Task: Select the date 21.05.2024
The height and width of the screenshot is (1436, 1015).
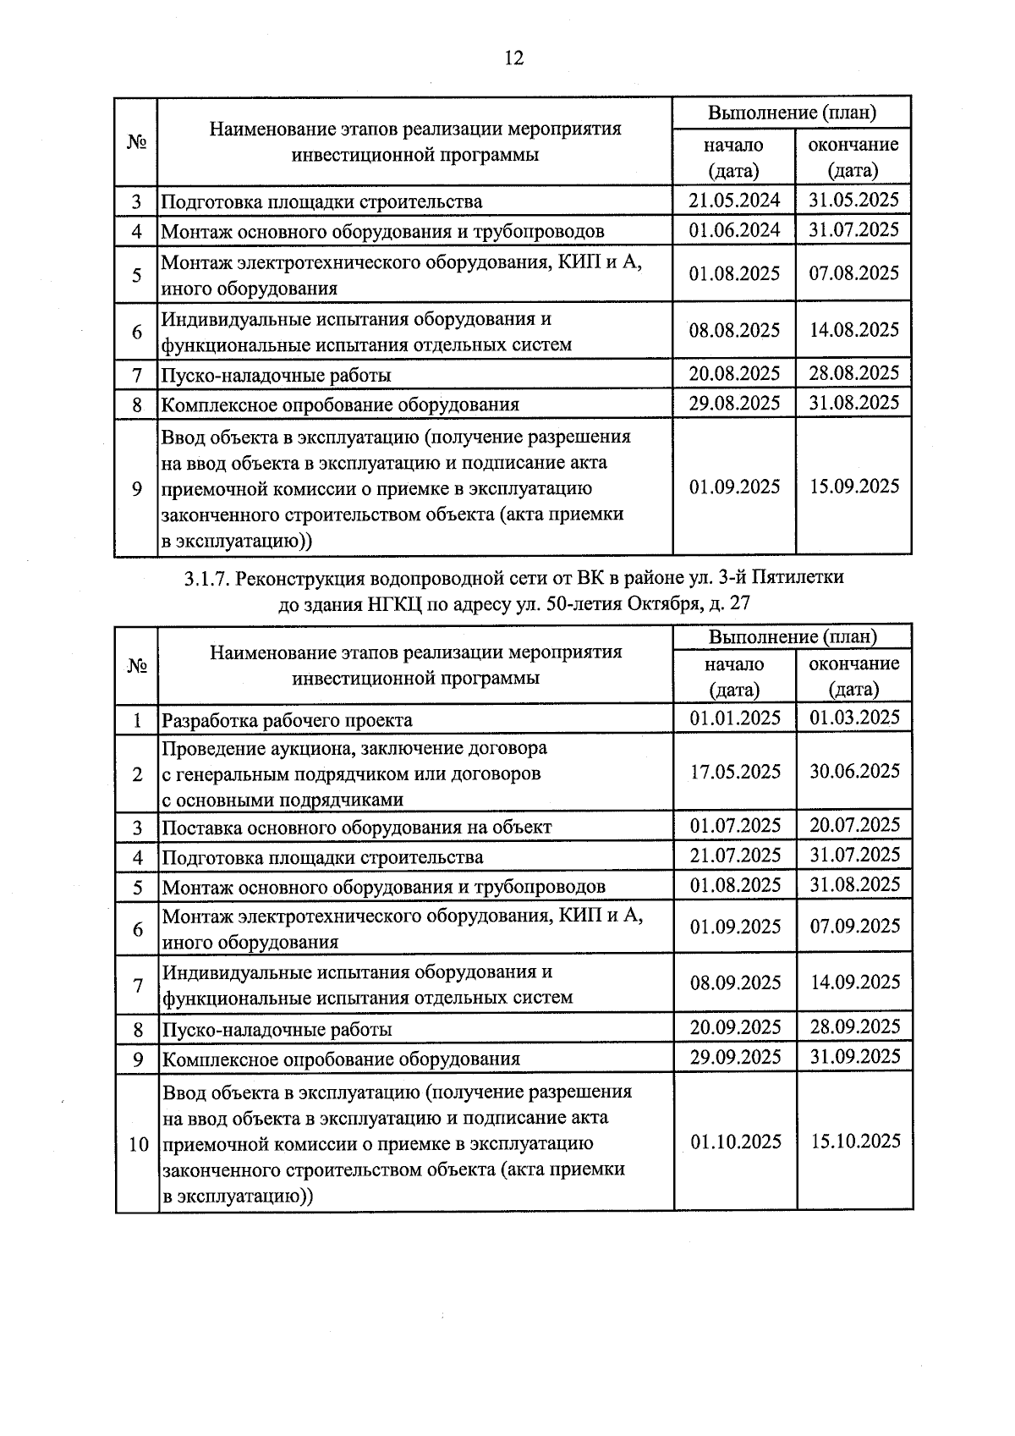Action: point(734,201)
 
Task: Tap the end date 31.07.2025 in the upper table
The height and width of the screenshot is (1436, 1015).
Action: point(853,230)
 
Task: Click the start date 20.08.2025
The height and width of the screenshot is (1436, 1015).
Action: point(734,373)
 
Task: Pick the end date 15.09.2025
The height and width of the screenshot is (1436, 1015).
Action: point(853,487)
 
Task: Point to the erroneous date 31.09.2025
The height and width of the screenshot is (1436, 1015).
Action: point(854,1057)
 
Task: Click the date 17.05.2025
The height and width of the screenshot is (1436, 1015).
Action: point(735,772)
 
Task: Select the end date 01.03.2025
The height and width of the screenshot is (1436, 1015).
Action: point(854,718)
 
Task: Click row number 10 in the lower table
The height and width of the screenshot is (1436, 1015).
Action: point(138,1145)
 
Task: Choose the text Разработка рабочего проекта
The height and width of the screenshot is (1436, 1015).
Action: point(287,720)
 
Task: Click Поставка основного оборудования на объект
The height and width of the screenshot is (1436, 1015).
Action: point(356,827)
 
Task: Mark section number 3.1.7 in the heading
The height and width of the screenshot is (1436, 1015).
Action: point(206,578)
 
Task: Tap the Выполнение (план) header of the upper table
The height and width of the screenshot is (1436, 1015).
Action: point(791,113)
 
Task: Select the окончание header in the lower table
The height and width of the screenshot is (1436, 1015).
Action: point(854,663)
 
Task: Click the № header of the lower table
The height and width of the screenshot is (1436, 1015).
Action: point(137,666)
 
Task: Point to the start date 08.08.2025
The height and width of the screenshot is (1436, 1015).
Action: point(734,330)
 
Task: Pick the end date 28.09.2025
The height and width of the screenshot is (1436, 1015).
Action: point(854,1027)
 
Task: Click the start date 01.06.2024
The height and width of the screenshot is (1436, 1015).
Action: point(734,230)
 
